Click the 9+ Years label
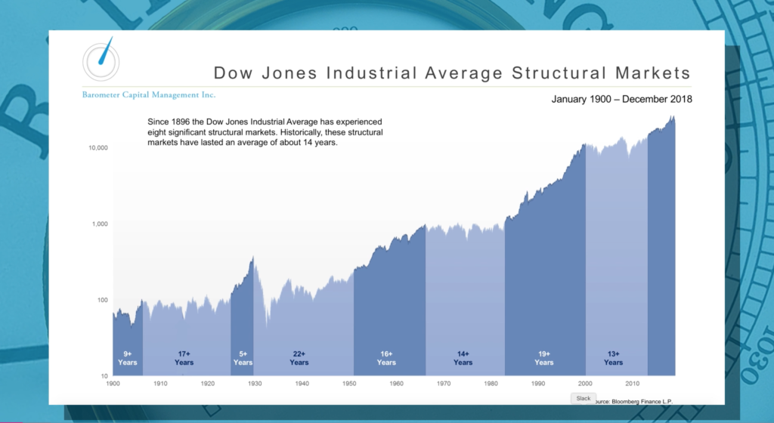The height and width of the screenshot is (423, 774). pyautogui.click(x=127, y=358)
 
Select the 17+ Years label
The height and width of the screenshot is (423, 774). pyautogui.click(x=184, y=358)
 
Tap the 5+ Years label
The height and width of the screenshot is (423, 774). pyautogui.click(x=243, y=358)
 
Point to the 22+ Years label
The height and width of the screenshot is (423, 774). pyautogui.click(x=299, y=358)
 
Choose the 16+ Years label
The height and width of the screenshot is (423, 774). pyautogui.click(x=386, y=358)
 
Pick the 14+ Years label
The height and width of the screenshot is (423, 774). pyautogui.click(x=463, y=358)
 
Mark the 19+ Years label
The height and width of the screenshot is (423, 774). pyautogui.click(x=544, y=358)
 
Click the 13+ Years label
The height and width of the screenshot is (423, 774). pyautogui.click(x=614, y=358)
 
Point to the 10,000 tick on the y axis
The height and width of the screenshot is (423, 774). pyautogui.click(x=94, y=148)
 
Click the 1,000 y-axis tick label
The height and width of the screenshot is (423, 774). pyautogui.click(x=97, y=224)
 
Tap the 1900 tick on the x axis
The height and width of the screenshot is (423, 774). pyautogui.click(x=113, y=384)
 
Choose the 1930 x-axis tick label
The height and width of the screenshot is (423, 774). pyautogui.click(x=255, y=384)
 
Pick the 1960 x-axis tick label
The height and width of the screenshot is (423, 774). pyautogui.click(x=396, y=384)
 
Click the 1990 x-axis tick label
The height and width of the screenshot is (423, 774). pyautogui.click(x=538, y=384)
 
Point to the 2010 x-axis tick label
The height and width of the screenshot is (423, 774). pyautogui.click(x=632, y=384)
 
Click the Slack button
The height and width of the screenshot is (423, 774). pyautogui.click(x=583, y=398)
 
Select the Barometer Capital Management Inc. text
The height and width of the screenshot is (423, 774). pyautogui.click(x=149, y=95)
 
